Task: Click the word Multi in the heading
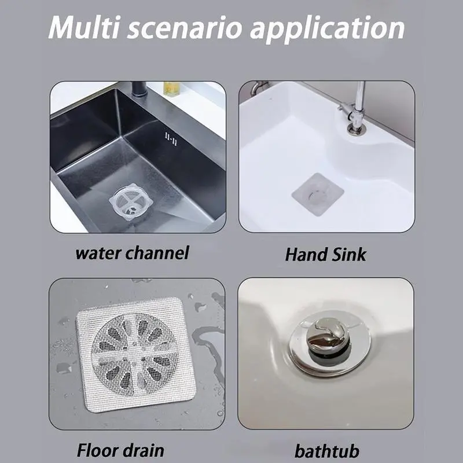83,27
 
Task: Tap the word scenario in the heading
184,28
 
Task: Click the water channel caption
132,253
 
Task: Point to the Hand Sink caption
325,255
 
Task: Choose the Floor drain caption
120,450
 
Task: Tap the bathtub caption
327,451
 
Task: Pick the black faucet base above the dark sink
139,89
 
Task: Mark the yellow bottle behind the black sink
171,89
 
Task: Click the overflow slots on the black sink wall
171,139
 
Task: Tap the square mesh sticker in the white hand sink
318,194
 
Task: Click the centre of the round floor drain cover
135,354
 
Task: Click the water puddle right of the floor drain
209,340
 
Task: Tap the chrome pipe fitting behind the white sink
258,87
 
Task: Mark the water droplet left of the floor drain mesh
64,368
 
